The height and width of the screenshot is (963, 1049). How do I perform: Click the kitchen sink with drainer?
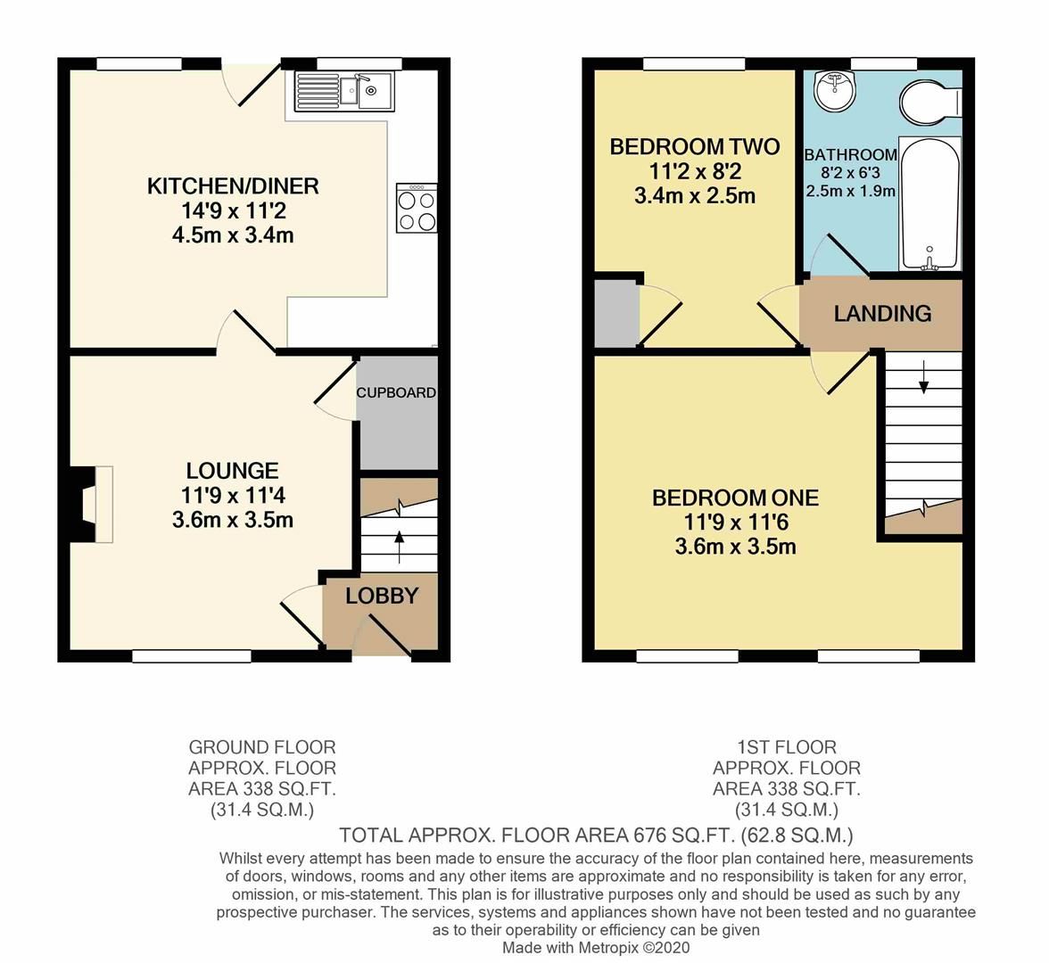[344, 90]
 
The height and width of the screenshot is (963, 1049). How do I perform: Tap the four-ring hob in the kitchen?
[417, 210]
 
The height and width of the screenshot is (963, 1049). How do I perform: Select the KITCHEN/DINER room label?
[233, 186]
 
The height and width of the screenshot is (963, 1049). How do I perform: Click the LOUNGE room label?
[232, 471]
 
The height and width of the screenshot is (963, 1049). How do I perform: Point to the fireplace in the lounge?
[90, 504]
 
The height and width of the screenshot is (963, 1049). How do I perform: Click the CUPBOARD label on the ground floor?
[396, 392]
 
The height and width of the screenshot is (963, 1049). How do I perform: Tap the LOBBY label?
[382, 597]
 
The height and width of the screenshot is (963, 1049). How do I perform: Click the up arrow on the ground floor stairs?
[398, 542]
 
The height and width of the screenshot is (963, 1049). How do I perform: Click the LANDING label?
[882, 314]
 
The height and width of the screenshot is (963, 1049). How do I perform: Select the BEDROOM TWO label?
[694, 147]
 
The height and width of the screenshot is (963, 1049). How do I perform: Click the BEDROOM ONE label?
[735, 498]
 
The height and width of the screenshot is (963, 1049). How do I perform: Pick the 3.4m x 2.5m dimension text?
[694, 196]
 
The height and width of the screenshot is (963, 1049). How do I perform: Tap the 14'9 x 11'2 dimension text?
[233, 211]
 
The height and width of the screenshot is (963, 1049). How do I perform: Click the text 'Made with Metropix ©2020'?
[596, 948]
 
